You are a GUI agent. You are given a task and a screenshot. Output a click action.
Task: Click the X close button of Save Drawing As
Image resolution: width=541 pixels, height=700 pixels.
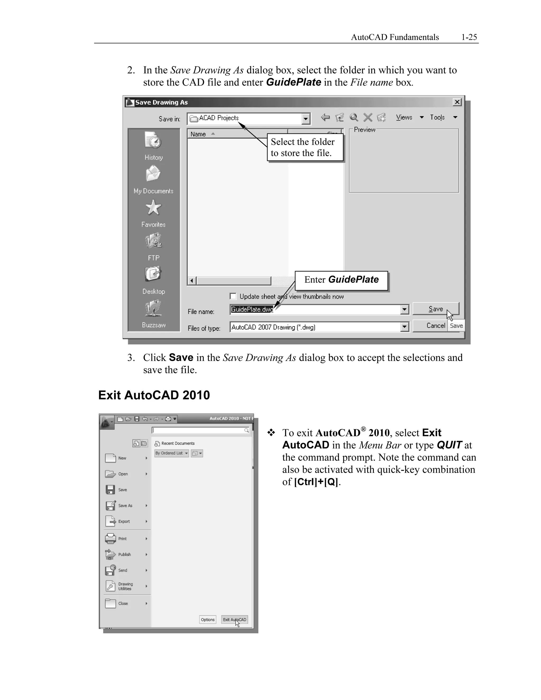coord(457,102)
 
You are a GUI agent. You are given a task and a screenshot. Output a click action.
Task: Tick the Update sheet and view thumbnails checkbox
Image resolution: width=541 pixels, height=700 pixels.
coord(233,296)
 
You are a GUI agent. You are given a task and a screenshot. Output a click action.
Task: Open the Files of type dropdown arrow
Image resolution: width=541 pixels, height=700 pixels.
coord(404,327)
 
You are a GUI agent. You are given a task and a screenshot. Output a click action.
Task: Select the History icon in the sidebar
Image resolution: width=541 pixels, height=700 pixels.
coord(153,141)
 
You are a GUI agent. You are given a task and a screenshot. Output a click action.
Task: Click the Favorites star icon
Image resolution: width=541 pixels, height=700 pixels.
coord(153,208)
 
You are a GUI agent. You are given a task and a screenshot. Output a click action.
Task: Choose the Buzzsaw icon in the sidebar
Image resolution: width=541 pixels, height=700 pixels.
coord(153,308)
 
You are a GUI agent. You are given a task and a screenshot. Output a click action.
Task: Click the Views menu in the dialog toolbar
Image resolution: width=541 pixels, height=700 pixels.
coord(404,117)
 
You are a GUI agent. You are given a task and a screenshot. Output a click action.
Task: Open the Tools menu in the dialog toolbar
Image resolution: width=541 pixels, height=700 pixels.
coord(437,117)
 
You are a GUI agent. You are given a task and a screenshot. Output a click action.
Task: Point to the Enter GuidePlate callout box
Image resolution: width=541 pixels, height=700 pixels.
coord(341,280)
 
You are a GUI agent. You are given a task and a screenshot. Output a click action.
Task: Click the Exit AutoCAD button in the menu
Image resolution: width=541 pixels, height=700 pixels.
coord(234,619)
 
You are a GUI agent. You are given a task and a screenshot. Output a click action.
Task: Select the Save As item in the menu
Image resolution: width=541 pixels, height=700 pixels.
coord(125,505)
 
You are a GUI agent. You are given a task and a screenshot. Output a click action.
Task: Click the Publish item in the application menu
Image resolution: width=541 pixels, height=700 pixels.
coord(124,554)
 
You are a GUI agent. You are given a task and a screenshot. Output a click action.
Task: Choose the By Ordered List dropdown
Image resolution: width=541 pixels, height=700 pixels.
coord(171,453)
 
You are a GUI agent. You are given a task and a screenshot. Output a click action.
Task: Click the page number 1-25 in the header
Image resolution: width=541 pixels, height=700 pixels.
coord(469,37)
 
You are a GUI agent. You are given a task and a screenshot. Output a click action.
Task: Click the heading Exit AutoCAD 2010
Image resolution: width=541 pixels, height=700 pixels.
coord(154,395)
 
